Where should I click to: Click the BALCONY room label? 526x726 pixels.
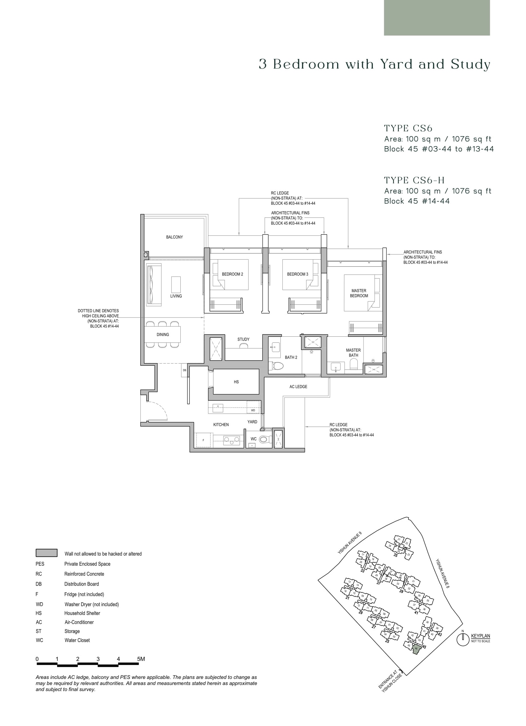(x=174, y=237)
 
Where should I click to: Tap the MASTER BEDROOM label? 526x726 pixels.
(x=359, y=293)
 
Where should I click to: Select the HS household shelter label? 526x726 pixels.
(x=236, y=382)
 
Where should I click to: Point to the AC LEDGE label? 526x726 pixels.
(x=298, y=387)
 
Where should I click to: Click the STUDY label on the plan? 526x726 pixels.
(x=243, y=339)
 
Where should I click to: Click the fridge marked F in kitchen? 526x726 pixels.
(x=203, y=440)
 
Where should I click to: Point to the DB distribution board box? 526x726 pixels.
(x=184, y=370)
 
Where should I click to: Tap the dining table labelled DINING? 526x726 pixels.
(x=162, y=334)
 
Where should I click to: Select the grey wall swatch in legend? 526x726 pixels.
(x=46, y=553)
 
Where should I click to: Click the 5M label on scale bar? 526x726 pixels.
(x=141, y=659)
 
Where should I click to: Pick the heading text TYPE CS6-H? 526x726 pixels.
(x=414, y=180)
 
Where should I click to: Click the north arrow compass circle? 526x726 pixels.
(x=463, y=640)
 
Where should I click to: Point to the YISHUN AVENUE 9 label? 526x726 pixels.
(x=350, y=543)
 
